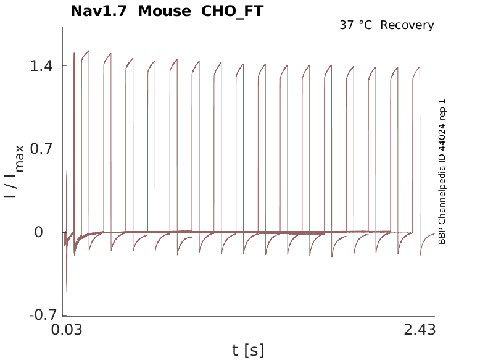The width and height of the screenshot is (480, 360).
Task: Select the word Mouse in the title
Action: click(165, 11)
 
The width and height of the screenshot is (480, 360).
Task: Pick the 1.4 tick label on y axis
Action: click(41, 66)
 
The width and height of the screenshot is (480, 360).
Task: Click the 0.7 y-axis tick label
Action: click(41, 149)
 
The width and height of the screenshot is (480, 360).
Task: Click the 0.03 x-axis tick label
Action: click(67, 330)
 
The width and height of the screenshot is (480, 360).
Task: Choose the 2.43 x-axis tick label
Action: click(420, 330)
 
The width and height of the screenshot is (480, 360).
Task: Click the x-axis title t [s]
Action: click(248, 351)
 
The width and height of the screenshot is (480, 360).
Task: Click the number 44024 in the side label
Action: click(442, 141)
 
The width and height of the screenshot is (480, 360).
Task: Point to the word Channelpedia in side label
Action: click(442, 194)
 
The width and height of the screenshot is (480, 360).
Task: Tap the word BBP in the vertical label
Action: click(442, 236)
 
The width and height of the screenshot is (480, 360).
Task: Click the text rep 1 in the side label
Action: click(442, 111)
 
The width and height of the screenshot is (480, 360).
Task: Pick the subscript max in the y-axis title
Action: click(20, 157)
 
